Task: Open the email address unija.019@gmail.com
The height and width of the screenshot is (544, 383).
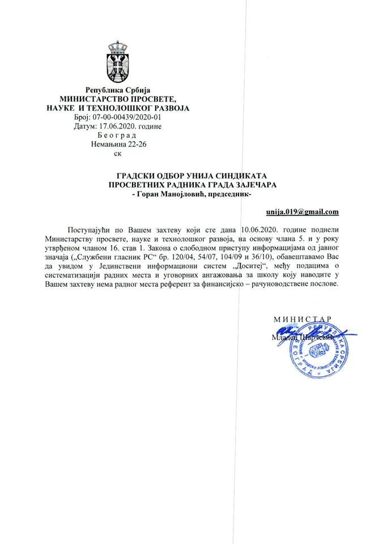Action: coord(302,212)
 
